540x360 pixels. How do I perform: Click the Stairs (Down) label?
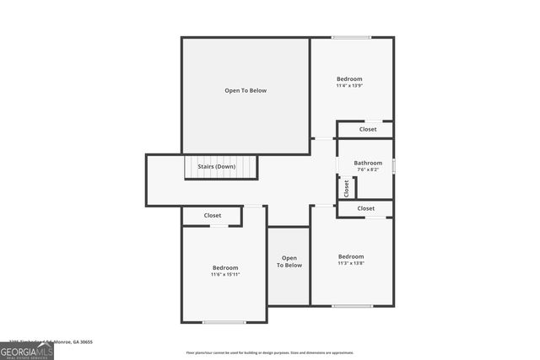[217, 167]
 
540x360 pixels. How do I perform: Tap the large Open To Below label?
[246, 90]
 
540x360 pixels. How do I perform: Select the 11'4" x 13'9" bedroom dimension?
[349, 86]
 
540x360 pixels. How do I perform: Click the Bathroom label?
[368, 163]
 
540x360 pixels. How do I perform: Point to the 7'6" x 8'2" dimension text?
[368, 169]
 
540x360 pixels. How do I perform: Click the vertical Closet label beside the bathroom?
[346, 188]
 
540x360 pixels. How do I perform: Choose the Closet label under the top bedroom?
[368, 130]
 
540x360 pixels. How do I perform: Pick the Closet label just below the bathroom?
[366, 208]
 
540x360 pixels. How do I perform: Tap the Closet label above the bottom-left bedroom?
[213, 216]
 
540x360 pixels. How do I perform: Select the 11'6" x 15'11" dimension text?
[225, 275]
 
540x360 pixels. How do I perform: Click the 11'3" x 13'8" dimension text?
[351, 264]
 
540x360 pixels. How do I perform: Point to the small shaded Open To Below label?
[289, 261]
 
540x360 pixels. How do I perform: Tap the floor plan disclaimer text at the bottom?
[270, 352]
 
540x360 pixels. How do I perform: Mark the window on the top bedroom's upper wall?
[350, 37]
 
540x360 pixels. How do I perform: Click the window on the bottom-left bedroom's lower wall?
[224, 322]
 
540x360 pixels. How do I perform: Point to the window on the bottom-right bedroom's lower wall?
[351, 305]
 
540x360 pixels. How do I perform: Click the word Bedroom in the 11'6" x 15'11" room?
[225, 267]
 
